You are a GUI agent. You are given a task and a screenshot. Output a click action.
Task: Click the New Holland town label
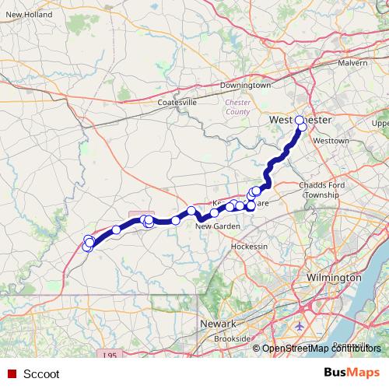(29, 15)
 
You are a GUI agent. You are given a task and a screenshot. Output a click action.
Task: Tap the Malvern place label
(352, 63)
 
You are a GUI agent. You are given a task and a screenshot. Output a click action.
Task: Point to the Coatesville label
(177, 102)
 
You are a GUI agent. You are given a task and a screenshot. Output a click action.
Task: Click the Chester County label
(238, 107)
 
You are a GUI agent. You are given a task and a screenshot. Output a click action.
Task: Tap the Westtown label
(331, 141)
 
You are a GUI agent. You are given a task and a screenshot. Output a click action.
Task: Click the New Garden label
(215, 226)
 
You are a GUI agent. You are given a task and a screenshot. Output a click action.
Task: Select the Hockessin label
(250, 246)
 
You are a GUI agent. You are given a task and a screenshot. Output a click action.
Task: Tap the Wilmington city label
(335, 277)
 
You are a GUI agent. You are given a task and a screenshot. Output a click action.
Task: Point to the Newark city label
(218, 323)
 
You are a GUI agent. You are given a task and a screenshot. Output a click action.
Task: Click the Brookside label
(233, 338)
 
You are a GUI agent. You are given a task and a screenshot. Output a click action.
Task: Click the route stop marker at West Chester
(300, 121)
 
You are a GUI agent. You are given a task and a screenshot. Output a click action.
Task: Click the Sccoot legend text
(42, 373)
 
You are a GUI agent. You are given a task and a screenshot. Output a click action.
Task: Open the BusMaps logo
(352, 373)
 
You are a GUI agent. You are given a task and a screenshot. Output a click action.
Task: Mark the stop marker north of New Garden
(191, 211)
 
